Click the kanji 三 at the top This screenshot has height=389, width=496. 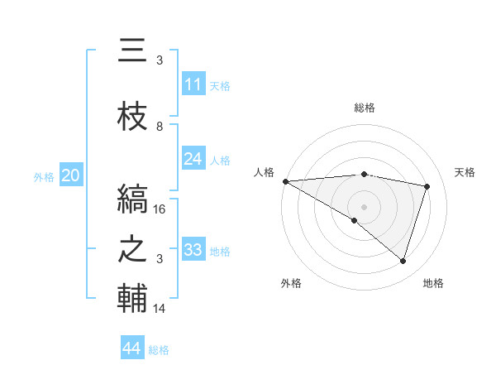coord(132,51)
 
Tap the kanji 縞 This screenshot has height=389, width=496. coord(132,199)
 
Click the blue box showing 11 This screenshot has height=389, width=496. coord(193,84)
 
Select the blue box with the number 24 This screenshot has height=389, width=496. coord(193,159)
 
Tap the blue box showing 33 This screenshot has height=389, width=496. coord(193,250)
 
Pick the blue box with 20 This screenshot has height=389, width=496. coord(71,175)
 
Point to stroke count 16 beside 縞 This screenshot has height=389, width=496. coord(160,209)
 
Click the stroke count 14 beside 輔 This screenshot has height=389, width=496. coord(160,309)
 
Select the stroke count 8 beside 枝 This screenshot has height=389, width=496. coord(160,127)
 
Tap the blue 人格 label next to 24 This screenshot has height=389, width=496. coord(220,160)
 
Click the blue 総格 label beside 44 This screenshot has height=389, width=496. coord(159,350)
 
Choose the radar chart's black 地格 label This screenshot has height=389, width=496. coord(433,283)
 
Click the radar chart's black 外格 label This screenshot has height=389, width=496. coord(291,283)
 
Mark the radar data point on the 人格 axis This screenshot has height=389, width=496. coord(285,181)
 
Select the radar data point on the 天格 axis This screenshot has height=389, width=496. coord(427,186)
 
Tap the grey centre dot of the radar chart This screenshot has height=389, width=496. coord(364,205)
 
